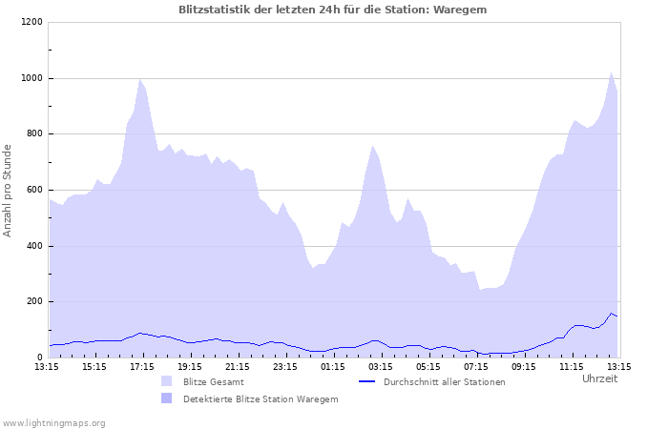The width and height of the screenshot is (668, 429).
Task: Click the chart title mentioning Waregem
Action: (x=333, y=10)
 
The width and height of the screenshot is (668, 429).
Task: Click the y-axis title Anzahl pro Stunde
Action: (x=8, y=190)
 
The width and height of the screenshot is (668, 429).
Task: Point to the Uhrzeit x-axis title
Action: (x=599, y=378)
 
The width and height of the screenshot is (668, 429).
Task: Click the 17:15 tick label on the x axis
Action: (x=142, y=366)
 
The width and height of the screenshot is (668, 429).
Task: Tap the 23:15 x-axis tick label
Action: (x=285, y=366)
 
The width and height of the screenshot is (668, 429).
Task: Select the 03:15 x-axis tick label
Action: (x=381, y=366)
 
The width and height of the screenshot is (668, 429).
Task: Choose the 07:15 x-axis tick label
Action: (x=476, y=366)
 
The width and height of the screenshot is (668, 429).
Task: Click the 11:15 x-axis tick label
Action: (x=572, y=366)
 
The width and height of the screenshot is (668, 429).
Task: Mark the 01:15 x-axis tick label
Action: (x=333, y=366)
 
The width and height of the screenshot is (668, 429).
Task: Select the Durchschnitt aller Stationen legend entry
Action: (x=444, y=381)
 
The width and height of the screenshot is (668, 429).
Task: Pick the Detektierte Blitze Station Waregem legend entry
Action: (x=261, y=398)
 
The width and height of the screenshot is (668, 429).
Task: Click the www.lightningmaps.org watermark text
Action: (x=53, y=422)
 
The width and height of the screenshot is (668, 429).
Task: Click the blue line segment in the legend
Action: (x=366, y=381)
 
